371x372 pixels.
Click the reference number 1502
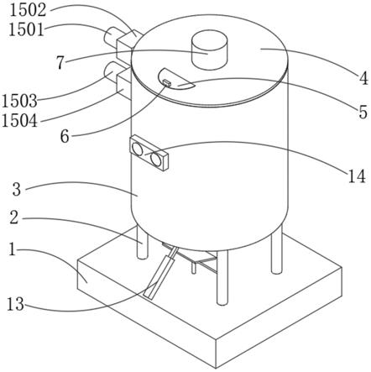(x=28, y=10)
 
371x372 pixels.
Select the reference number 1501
(x=27, y=29)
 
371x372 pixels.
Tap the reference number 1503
(x=19, y=101)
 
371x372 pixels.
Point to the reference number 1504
(x=19, y=121)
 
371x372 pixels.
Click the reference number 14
(x=357, y=176)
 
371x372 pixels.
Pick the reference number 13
(x=15, y=304)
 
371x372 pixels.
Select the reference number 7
(x=60, y=63)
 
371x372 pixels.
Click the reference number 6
(x=65, y=137)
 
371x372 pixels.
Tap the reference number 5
(x=363, y=112)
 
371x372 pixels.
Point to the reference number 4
(x=363, y=79)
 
